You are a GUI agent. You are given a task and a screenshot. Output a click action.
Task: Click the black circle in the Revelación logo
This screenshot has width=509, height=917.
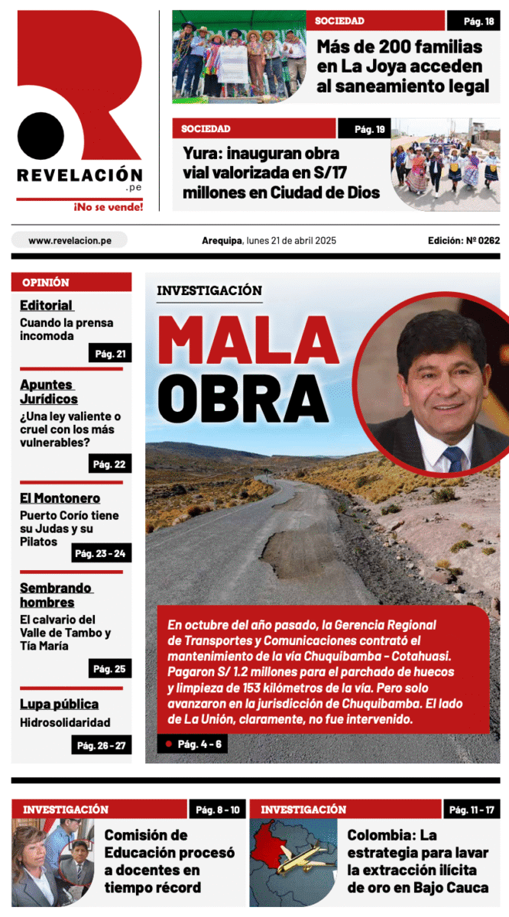pyautogui.click(x=41, y=136)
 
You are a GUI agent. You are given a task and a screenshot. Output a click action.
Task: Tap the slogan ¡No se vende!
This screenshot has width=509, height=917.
pyautogui.click(x=108, y=206)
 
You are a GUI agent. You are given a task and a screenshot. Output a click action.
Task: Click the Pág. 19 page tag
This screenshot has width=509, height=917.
pyautogui.click(x=364, y=129)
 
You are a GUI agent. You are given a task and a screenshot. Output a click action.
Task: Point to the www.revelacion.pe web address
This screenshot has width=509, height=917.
pyautogui.click(x=70, y=240)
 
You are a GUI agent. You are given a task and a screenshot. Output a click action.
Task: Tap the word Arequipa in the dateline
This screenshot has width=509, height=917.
pyautogui.click(x=222, y=240)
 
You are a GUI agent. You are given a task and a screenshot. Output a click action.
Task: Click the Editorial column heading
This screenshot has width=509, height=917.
pyautogui.click(x=47, y=306)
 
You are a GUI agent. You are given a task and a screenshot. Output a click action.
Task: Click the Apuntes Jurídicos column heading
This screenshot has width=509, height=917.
pyautogui.click(x=49, y=391)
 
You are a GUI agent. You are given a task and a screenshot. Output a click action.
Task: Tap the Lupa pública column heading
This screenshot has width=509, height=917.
pyautogui.click(x=59, y=704)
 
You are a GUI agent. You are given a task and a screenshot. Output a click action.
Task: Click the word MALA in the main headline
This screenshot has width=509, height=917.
pyautogui.click(x=249, y=341)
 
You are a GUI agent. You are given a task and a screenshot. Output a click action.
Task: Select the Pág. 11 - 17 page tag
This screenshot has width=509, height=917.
pyautogui.click(x=472, y=809)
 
